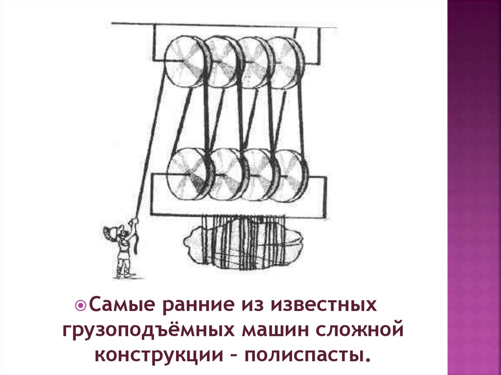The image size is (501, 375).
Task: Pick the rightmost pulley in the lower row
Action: tap(290, 175)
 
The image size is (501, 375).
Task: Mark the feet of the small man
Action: tap(123, 274)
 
